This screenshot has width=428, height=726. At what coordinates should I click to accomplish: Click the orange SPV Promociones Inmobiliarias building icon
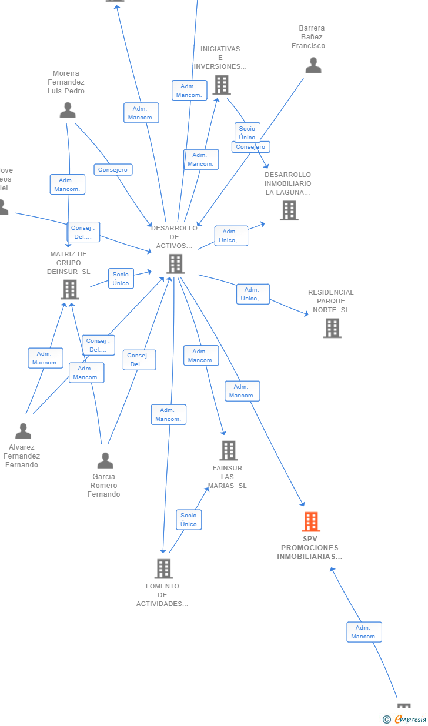click(311, 521)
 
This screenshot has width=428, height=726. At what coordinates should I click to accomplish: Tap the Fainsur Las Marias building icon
click(229, 450)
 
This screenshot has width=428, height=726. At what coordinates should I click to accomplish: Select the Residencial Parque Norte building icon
click(332, 328)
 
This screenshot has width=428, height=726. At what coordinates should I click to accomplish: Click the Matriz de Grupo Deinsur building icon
click(70, 289)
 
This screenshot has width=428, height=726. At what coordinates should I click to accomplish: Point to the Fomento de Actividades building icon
click(163, 568)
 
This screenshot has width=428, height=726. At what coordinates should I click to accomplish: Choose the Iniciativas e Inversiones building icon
click(222, 85)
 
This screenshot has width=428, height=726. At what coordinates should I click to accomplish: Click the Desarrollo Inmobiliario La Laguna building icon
click(289, 210)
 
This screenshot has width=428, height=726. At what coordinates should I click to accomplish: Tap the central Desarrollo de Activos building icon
click(175, 264)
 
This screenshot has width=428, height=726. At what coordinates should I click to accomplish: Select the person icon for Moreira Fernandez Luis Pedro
click(68, 110)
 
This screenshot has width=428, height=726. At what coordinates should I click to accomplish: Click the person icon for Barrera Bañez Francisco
click(313, 65)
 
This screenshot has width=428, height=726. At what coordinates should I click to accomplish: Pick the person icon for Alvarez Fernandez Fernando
click(23, 431)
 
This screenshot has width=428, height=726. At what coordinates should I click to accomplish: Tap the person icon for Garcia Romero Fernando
click(105, 460)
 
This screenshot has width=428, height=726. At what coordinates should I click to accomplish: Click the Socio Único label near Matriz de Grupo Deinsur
click(121, 279)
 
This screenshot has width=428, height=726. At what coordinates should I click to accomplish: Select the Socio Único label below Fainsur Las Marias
click(189, 520)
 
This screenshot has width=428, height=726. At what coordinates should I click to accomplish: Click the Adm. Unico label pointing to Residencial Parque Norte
click(253, 294)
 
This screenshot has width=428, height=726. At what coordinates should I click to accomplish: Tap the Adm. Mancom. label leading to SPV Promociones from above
click(242, 391)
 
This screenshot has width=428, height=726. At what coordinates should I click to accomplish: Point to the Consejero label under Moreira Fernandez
click(113, 170)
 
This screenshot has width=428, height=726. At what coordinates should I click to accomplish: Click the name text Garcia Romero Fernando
click(104, 486)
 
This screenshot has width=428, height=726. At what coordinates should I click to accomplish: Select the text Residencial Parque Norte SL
click(331, 301)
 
